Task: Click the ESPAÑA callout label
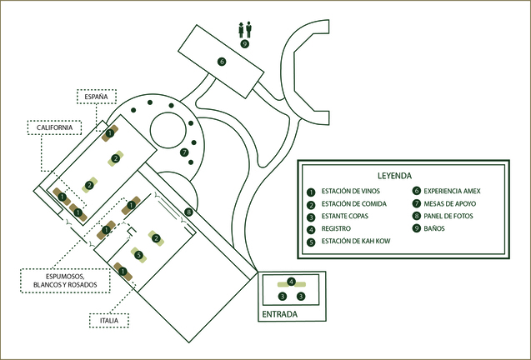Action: [97, 97]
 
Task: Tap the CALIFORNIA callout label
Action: [54, 127]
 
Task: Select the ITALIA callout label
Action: [109, 320]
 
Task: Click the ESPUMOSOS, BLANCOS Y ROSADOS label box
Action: [65, 281]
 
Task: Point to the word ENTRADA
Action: [280, 314]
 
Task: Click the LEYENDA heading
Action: [394, 176]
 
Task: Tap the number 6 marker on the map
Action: [222, 62]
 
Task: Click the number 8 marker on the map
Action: [188, 212]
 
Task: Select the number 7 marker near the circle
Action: [184, 152]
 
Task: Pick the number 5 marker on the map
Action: [139, 255]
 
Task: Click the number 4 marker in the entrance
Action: [291, 282]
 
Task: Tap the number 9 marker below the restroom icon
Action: [244, 43]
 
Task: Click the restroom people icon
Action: [245, 29]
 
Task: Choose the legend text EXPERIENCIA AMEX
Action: [452, 191]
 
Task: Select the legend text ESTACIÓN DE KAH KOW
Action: [356, 241]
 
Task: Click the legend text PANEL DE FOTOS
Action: [448, 216]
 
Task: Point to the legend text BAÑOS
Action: [434, 228]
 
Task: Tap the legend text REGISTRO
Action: [336, 228]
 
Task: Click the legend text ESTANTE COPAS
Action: [345, 216]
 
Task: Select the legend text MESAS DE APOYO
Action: [450, 204]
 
